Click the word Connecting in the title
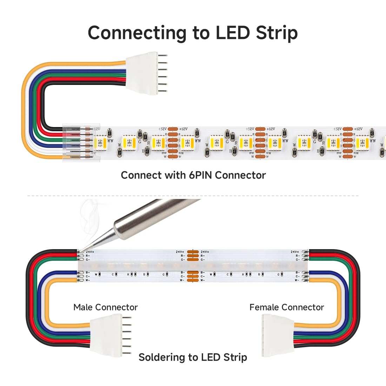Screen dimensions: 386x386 click(137, 33)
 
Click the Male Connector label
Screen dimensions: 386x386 click(105, 307)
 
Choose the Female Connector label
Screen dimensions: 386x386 click(286, 307)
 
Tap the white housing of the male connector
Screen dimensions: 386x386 click(105, 334)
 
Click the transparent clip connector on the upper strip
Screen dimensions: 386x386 click(81, 142)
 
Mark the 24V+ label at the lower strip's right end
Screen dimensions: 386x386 click(294, 252)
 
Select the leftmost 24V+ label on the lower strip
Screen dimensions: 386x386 click(90, 252)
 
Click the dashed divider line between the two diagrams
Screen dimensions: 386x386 click(193, 196)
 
